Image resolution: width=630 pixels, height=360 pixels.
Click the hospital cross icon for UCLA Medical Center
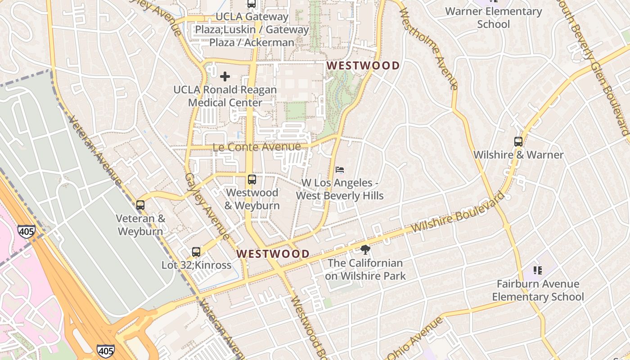[x=225, y=76]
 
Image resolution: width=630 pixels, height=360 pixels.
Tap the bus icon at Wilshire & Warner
[x=518, y=141]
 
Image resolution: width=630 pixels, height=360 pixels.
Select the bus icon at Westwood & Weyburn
[x=252, y=180]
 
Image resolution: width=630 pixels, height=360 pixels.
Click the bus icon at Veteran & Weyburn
[x=140, y=205]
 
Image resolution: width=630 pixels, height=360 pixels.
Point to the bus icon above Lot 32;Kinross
[x=196, y=252]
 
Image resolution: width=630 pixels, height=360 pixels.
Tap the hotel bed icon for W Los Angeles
[x=340, y=170]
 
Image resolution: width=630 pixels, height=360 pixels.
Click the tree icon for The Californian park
[x=365, y=249]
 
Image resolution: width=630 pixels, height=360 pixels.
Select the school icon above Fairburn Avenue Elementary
[x=538, y=270]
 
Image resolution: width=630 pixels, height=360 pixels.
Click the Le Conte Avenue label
[x=256, y=147]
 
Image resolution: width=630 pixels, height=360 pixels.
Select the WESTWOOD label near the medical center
[x=363, y=66]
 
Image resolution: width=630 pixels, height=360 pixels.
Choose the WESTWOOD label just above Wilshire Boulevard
[x=273, y=254]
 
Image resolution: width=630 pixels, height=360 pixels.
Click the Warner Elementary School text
[x=494, y=18]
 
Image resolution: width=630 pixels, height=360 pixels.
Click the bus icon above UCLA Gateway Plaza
[x=252, y=4]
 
